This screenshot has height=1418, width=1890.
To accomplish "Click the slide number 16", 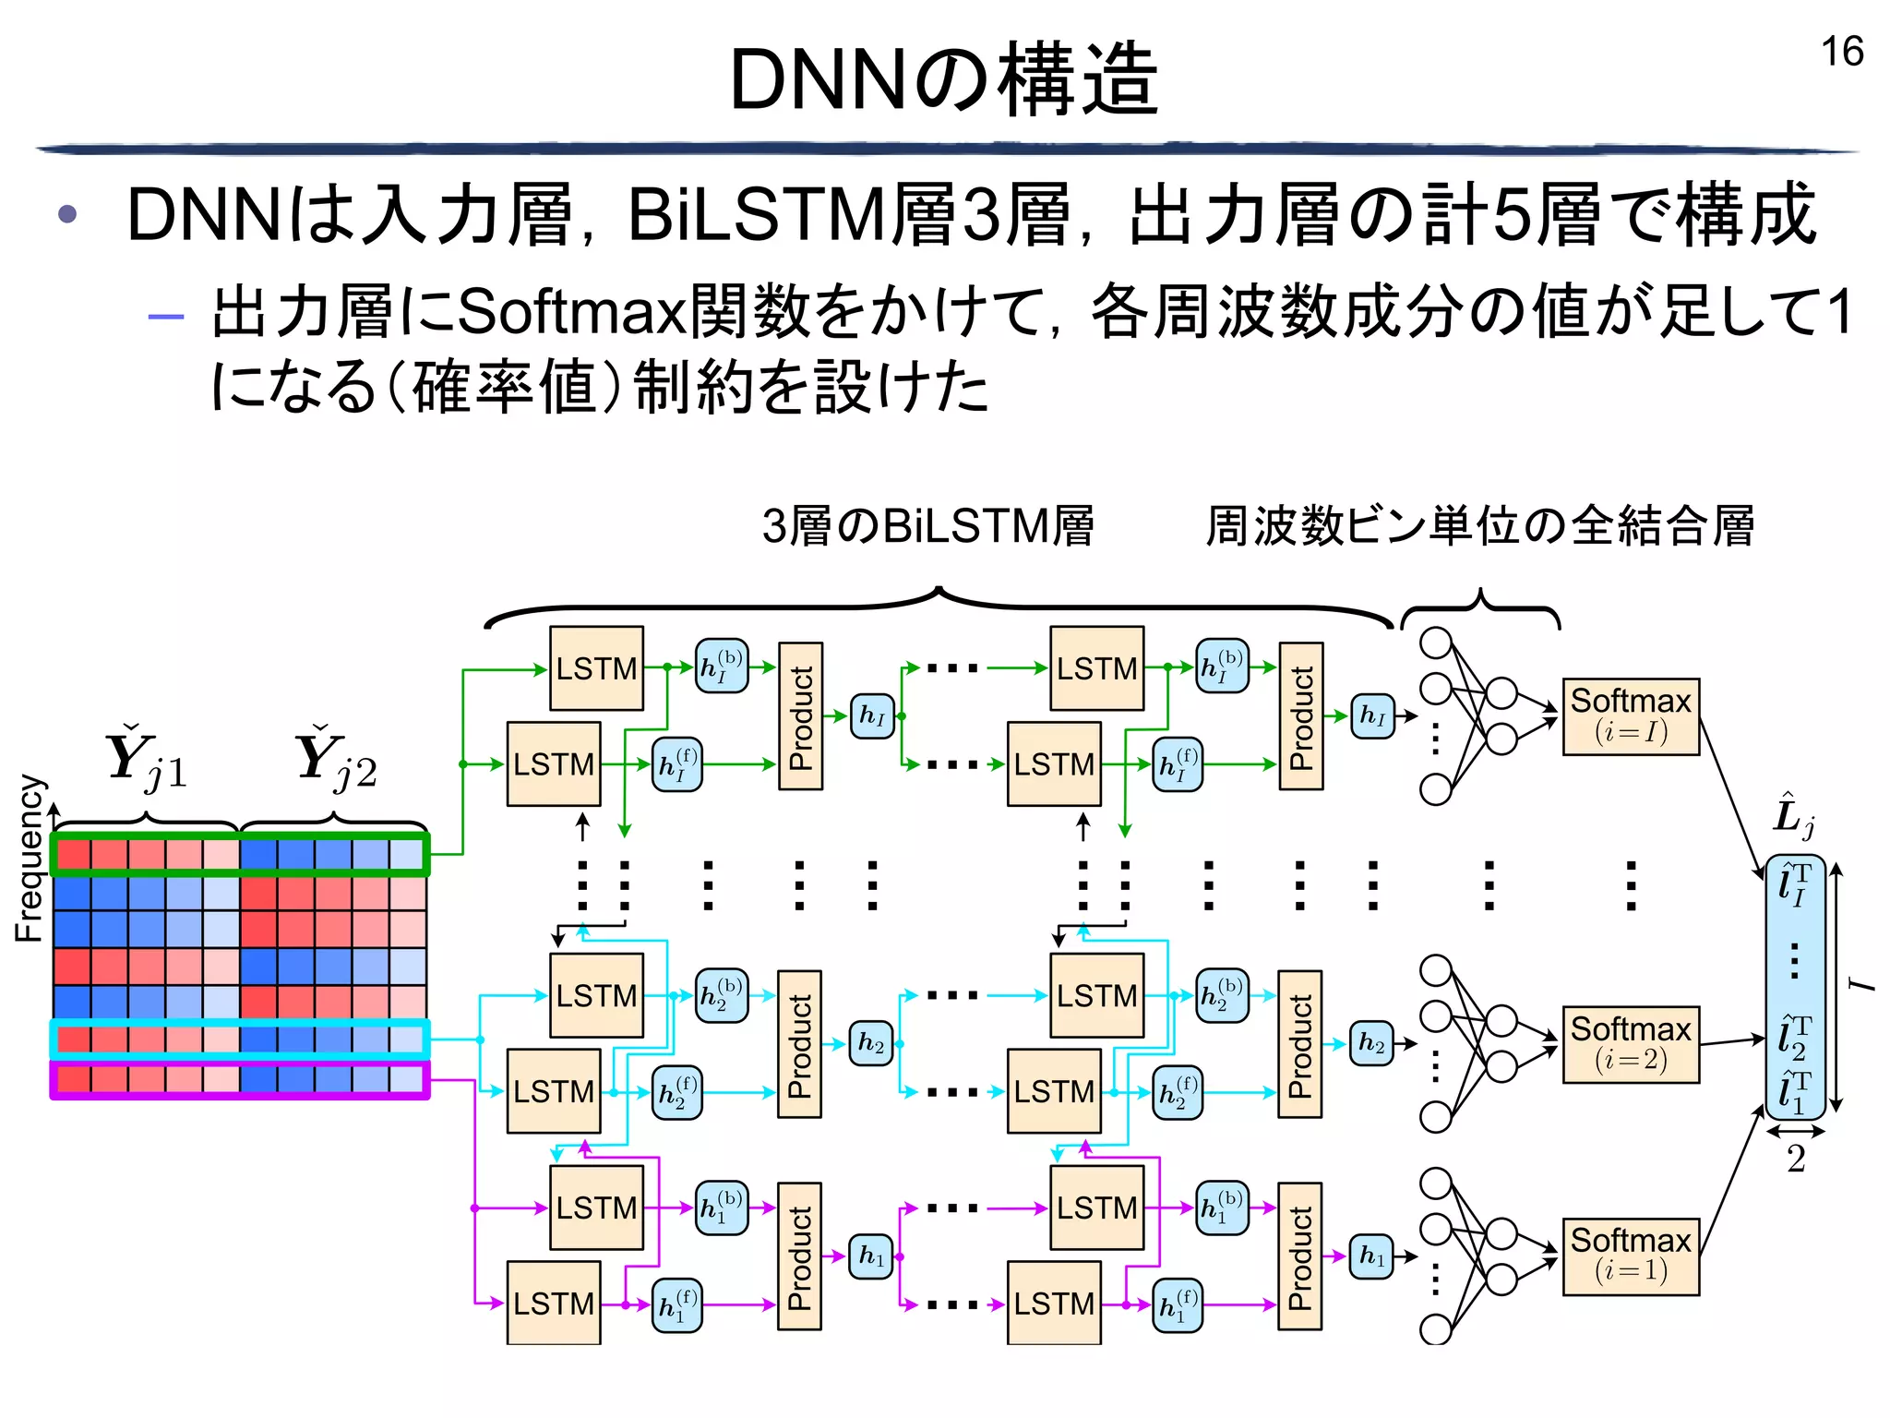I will (1841, 52).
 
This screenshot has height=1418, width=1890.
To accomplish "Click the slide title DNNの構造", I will (943, 80).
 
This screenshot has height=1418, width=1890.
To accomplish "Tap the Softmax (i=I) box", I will (1630, 716).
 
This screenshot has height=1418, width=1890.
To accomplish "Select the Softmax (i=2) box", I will (1630, 1044).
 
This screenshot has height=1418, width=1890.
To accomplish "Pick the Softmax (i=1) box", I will (1630, 1256).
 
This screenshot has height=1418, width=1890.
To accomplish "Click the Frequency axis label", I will (30, 859).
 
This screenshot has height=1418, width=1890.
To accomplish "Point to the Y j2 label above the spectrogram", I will (336, 760).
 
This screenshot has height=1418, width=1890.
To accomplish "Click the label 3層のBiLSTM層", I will (927, 526).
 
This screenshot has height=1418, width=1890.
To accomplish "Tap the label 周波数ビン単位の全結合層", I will (1479, 526).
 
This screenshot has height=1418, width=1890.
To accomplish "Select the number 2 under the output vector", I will (1795, 1159).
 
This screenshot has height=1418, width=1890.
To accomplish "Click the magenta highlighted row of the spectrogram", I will (240, 1080).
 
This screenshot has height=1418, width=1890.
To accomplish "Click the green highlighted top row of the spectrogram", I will (240, 855).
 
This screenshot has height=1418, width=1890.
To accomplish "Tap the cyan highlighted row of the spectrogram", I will (240, 1039).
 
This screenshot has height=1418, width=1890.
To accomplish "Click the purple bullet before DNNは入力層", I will (67, 215).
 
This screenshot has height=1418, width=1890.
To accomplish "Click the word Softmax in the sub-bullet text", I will (571, 312).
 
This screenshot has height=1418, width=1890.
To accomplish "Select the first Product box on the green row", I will (800, 716).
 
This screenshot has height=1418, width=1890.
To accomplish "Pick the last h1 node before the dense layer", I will (1371, 1256).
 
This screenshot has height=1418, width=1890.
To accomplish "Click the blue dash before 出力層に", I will (166, 317).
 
